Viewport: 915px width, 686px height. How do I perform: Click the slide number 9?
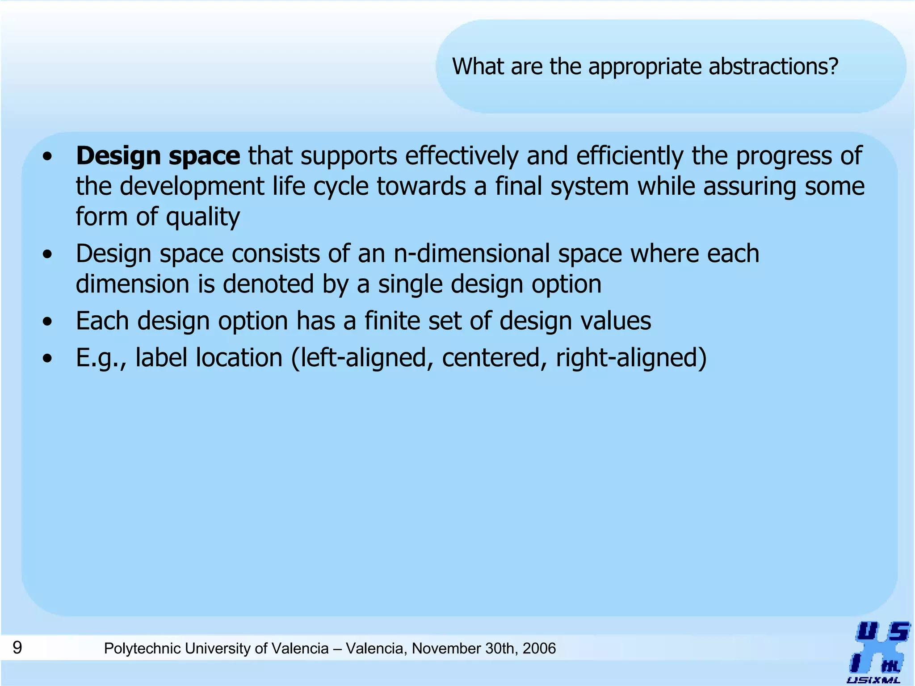[17, 647]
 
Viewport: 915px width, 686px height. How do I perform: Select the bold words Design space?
[158, 156]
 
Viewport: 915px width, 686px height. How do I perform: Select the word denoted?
[268, 284]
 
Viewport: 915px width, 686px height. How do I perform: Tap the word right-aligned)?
[631, 358]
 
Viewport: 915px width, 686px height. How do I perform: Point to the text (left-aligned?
[362, 358]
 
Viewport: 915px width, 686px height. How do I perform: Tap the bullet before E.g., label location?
[48, 358]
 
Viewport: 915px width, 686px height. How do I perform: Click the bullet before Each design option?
[48, 322]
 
